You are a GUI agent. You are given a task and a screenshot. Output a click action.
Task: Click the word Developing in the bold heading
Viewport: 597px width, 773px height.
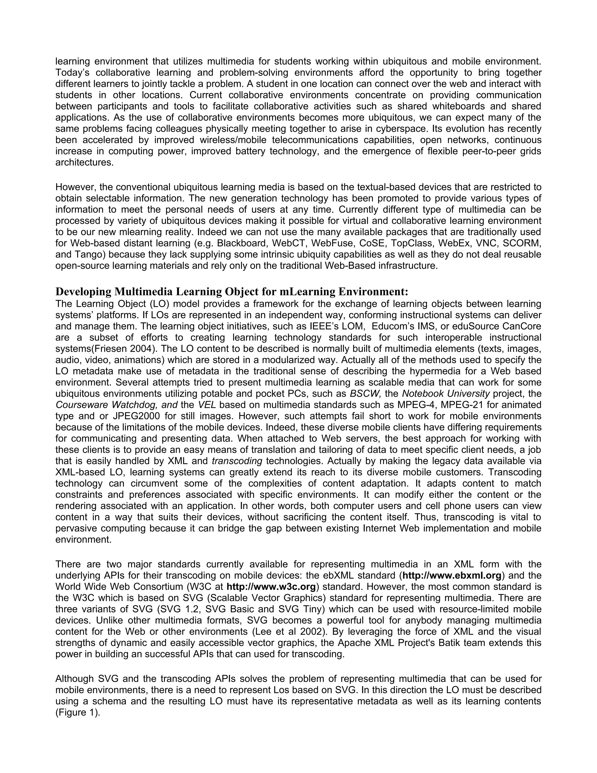[x=83, y=292]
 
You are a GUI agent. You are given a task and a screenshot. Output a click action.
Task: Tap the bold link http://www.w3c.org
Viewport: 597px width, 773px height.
[x=271, y=587]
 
